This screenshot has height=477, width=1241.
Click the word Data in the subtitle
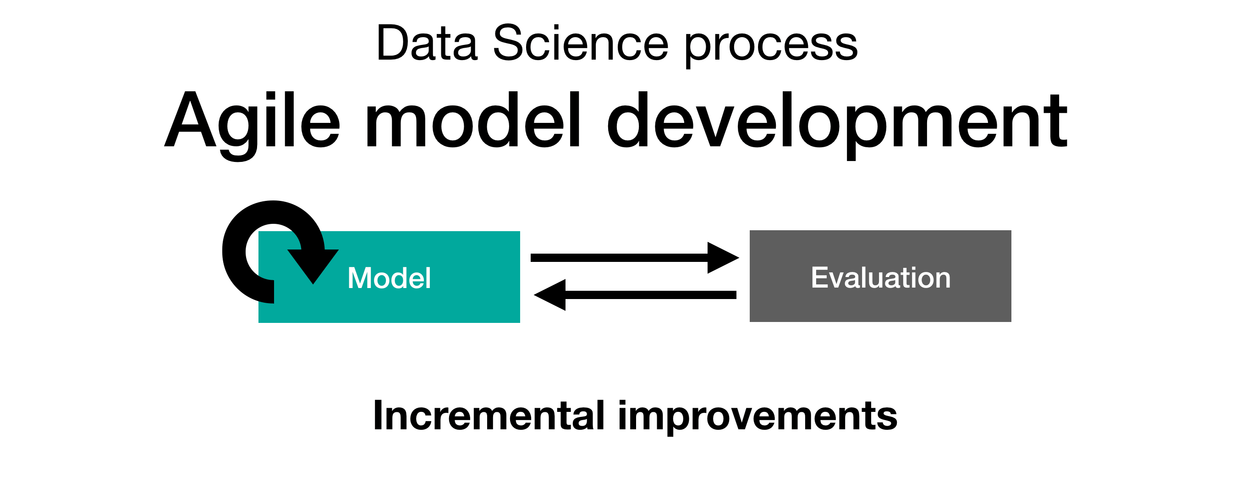click(427, 44)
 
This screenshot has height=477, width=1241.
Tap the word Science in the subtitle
click(580, 44)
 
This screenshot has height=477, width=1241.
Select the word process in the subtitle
click(771, 46)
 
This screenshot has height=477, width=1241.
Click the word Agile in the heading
click(253, 121)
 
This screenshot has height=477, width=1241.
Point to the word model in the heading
click(472, 121)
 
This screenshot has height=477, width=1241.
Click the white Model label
click(389, 278)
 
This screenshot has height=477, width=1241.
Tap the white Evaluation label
click(881, 278)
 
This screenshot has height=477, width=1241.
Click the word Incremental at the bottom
click(489, 416)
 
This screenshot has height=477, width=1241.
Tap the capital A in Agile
click(190, 121)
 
